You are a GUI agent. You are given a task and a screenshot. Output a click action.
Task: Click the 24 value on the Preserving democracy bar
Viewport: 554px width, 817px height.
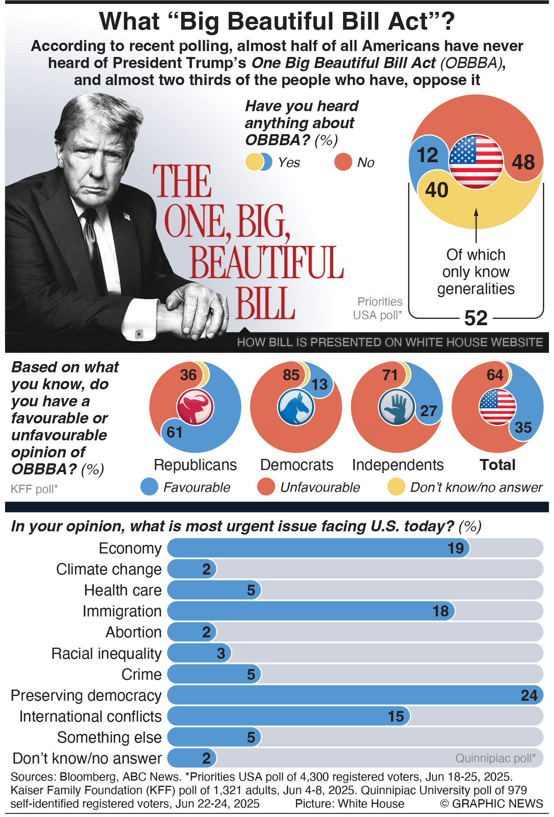[x=529, y=696]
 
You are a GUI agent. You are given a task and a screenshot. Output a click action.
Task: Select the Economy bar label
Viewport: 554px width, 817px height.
[x=130, y=548]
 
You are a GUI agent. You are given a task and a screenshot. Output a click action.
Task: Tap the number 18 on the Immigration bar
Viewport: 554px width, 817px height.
[x=441, y=611]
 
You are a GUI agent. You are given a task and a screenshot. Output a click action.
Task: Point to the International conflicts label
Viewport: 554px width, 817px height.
[x=91, y=717]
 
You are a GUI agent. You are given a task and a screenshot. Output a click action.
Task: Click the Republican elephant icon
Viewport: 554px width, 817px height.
[x=195, y=407]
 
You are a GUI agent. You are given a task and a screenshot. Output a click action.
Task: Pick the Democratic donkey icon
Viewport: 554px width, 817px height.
[x=296, y=407]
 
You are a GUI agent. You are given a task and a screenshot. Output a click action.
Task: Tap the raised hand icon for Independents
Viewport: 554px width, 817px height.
[x=397, y=407]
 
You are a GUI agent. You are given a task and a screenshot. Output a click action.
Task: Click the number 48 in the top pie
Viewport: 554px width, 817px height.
[x=523, y=162]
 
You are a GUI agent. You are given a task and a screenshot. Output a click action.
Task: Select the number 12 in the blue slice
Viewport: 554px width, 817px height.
[x=428, y=155]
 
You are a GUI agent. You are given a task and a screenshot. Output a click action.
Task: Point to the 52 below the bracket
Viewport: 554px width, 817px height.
[x=476, y=318]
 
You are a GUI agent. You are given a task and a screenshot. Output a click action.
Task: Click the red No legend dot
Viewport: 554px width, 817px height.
[x=343, y=162]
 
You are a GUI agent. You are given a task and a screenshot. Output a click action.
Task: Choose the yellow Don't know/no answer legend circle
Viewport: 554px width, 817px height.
[x=396, y=487]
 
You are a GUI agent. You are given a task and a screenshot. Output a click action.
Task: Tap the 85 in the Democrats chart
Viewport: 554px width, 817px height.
[x=291, y=375]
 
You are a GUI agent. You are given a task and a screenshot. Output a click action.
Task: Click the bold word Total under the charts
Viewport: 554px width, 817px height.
[x=497, y=465]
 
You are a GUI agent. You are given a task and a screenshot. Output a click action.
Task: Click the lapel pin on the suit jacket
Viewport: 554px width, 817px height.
[x=127, y=216]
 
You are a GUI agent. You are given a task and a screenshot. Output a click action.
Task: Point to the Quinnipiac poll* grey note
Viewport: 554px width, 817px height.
[x=495, y=758]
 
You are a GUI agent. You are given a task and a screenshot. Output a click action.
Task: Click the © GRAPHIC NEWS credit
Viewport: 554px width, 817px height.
[x=491, y=804]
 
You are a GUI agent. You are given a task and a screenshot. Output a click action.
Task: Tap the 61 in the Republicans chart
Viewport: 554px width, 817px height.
[x=175, y=432]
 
